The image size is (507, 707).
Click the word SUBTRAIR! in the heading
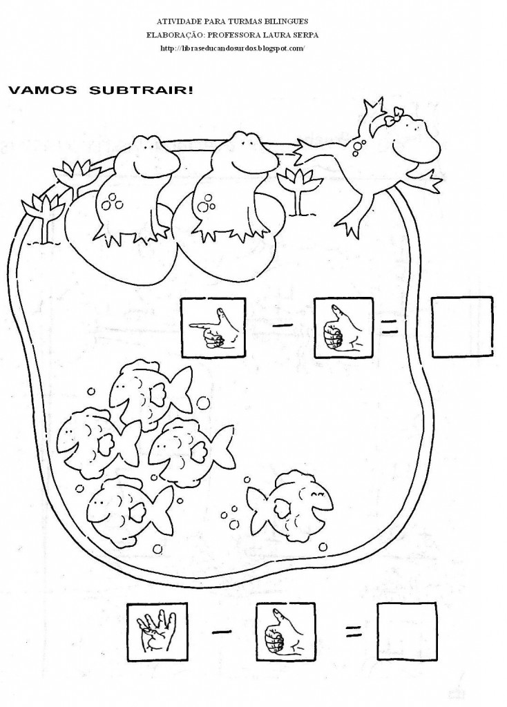point(141,90)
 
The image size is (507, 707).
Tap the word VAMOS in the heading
point(43,90)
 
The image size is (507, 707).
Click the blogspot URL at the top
point(232,48)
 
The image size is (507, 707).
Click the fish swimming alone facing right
point(289,505)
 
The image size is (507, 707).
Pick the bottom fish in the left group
point(129,512)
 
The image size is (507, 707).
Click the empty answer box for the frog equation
point(462,327)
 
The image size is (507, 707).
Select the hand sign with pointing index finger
point(213,327)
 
